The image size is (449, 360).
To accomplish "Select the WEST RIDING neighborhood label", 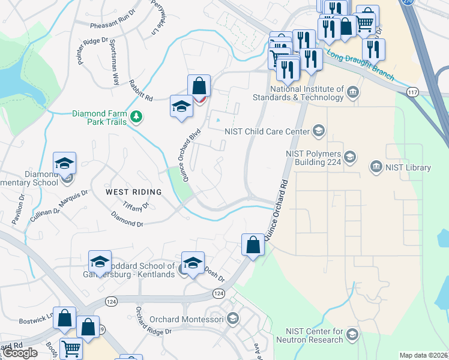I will coord(133,192).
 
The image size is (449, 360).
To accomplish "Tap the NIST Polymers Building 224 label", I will coord(313,158).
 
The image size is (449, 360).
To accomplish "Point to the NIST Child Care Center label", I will coord(267,131).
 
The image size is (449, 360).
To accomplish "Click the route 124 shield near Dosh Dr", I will coord(218,293).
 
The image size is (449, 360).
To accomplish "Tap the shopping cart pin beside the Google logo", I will coord(71,348).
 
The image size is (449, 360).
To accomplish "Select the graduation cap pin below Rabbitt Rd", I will coord(181,106).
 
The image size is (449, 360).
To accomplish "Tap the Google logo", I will coord(19,353).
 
